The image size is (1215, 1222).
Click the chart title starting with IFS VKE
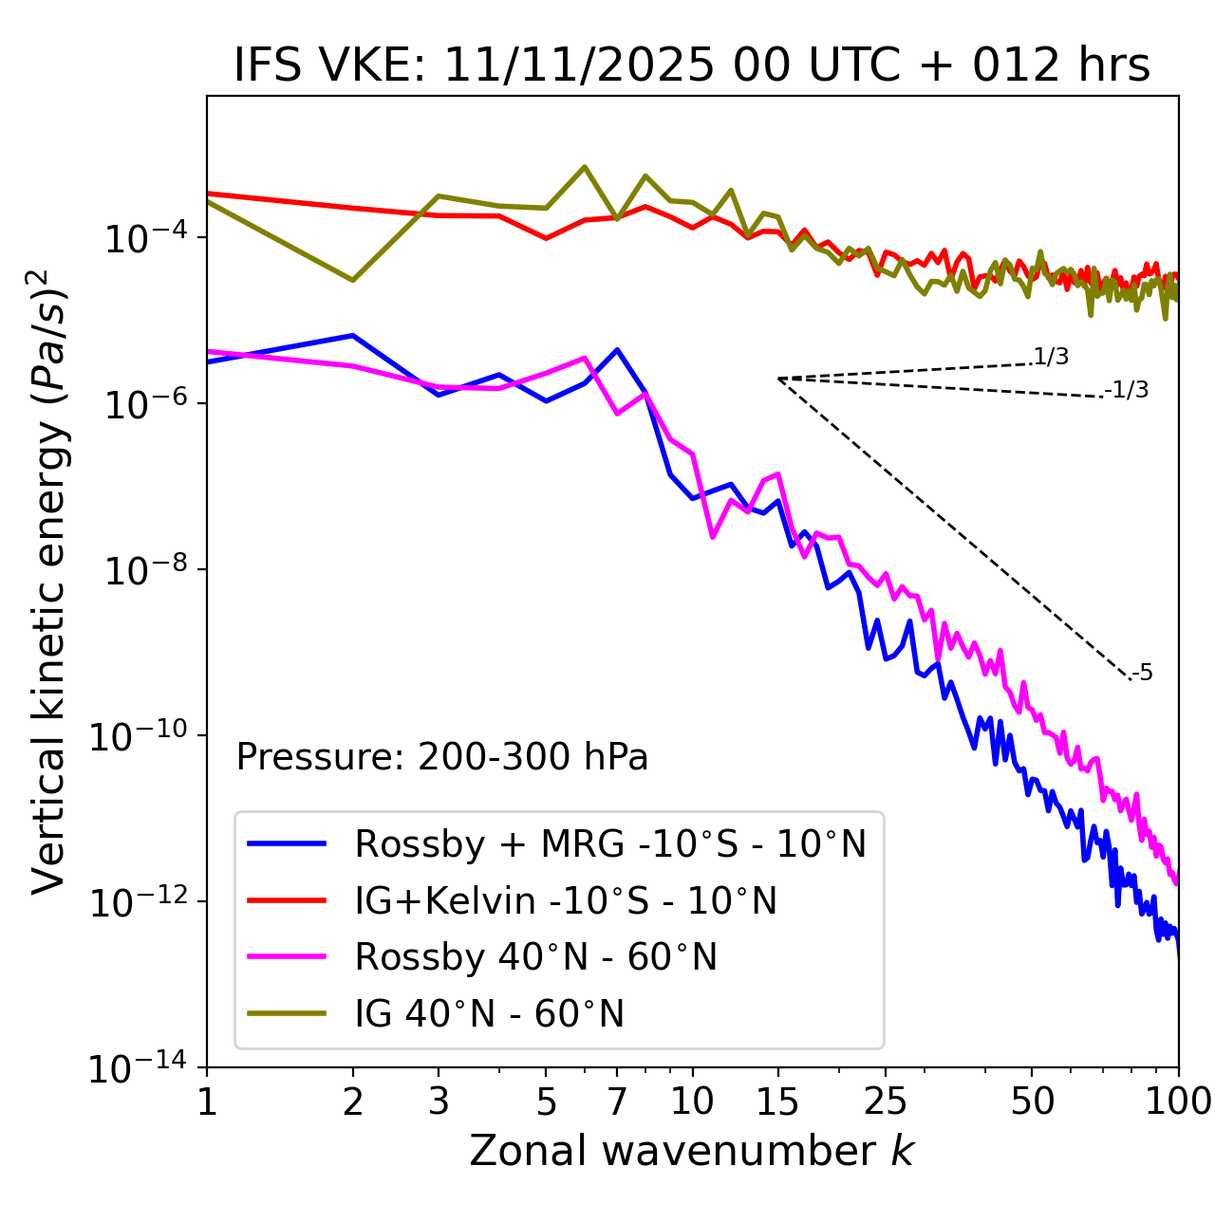click(692, 65)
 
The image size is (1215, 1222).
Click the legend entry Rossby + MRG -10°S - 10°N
click(610, 843)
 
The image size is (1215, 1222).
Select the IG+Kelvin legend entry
click(566, 900)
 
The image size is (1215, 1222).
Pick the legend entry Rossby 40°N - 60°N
click(535, 957)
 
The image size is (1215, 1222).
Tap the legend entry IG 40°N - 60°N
click(489, 1014)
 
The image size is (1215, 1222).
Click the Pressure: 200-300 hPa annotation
click(442, 757)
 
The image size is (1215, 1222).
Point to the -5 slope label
click(1142, 674)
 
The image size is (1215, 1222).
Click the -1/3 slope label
click(1128, 390)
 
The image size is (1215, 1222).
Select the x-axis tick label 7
click(617, 1101)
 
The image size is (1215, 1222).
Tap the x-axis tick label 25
click(885, 1101)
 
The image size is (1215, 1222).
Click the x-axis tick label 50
click(1032, 1101)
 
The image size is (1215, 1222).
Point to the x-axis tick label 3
click(439, 1101)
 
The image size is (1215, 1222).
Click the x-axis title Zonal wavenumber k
click(692, 1151)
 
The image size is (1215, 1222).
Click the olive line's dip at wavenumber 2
click(353, 280)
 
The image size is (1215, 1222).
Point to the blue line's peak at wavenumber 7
click(617, 349)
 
